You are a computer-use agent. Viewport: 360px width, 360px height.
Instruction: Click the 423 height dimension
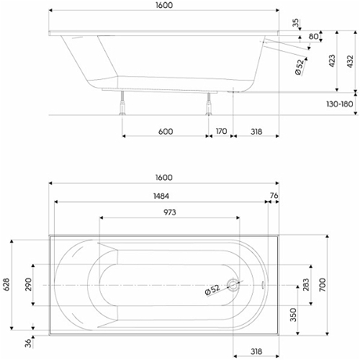click(x=332, y=61)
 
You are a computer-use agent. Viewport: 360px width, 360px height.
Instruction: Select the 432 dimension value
click(x=350, y=61)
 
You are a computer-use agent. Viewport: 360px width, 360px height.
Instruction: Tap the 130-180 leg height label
click(x=340, y=104)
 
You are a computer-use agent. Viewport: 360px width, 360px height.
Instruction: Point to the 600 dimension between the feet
click(x=166, y=132)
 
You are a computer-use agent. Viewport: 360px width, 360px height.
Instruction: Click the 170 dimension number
click(x=221, y=131)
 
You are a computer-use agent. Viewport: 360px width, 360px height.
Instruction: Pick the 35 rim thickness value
click(x=296, y=23)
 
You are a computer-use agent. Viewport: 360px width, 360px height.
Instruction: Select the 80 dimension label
click(x=313, y=37)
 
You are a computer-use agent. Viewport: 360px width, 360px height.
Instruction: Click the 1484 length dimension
click(x=161, y=196)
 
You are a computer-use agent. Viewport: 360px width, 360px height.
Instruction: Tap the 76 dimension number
click(x=274, y=196)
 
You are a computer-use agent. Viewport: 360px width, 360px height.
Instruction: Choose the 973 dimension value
click(x=170, y=212)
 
